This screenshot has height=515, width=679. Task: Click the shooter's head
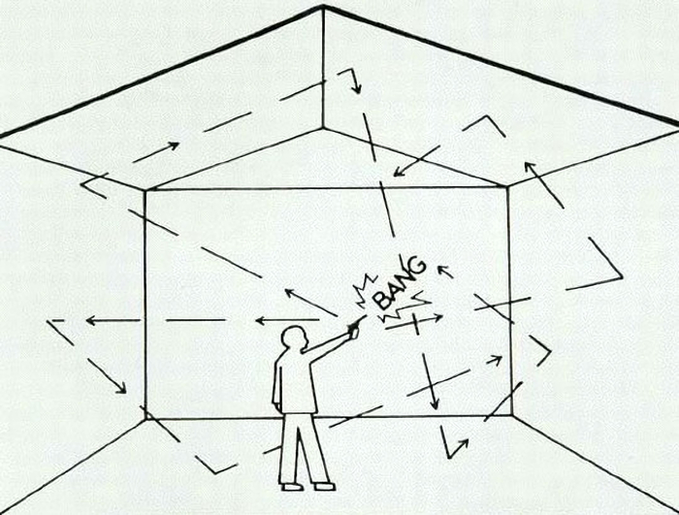(295, 338)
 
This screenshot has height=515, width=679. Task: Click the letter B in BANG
(383, 299)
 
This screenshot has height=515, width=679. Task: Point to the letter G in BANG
(416, 266)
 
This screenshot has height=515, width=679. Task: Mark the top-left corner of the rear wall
(145, 190)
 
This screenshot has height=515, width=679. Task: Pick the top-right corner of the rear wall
(508, 186)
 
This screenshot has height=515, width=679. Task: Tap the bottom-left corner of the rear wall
(146, 419)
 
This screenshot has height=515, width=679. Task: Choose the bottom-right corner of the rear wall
(512, 415)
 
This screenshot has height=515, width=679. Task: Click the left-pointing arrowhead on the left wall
(90, 320)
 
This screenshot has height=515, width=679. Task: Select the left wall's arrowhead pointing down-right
(121, 389)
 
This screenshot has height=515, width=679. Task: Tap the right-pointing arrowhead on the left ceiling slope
(174, 145)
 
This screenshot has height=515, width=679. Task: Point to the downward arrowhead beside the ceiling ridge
(356, 88)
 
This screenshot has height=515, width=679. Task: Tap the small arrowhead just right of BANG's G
(441, 270)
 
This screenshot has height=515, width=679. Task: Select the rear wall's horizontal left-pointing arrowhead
(260, 321)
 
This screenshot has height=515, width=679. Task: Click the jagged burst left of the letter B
(364, 290)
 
